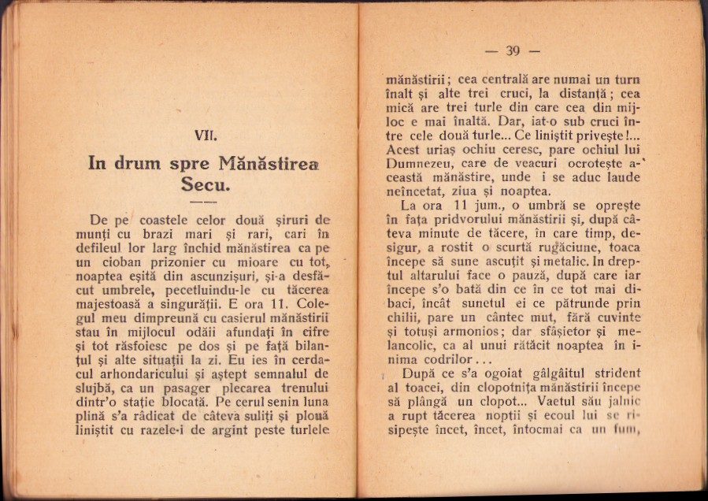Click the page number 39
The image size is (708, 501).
pos(513,52)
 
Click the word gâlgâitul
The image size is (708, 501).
pos(555,375)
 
